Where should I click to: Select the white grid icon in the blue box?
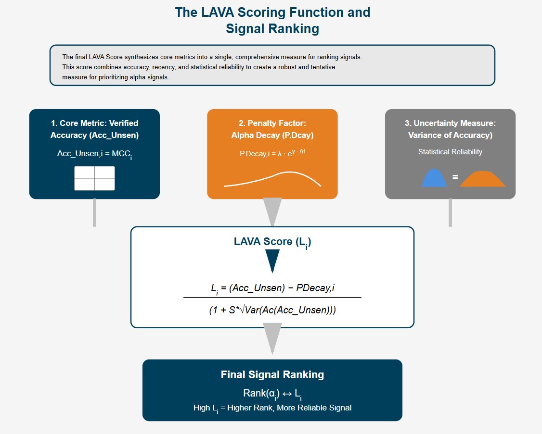tap(94, 178)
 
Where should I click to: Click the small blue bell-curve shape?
tap(434, 178)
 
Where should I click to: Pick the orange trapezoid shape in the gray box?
tap(482, 179)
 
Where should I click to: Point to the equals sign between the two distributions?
tap(455, 177)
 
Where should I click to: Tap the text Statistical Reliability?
tap(450, 152)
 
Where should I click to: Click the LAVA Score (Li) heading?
tap(272, 242)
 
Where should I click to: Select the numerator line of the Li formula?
tap(272, 288)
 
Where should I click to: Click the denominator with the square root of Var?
tap(272, 310)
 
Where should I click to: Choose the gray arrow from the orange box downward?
tap(272, 211)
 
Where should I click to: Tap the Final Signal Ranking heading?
tap(272, 375)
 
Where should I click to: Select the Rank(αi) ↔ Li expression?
tap(272, 394)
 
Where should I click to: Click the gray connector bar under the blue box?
tap(94, 212)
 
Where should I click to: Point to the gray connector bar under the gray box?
tap(450, 212)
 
